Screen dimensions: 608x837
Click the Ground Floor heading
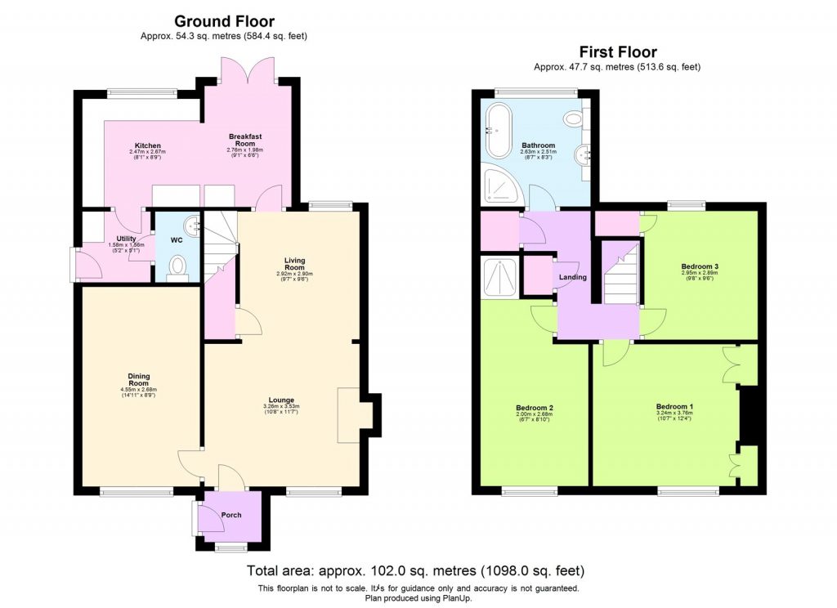click(226, 21)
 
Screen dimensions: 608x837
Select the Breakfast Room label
click(244, 140)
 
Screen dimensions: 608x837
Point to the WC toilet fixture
click(178, 267)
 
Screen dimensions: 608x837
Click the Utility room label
click(114, 239)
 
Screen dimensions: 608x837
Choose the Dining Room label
click(138, 378)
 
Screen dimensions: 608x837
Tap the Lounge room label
click(281, 400)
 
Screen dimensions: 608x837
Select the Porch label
click(231, 515)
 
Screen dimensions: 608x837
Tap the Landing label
click(572, 277)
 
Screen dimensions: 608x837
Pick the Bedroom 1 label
click(674, 406)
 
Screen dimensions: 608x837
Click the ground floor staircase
click(219, 245)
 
